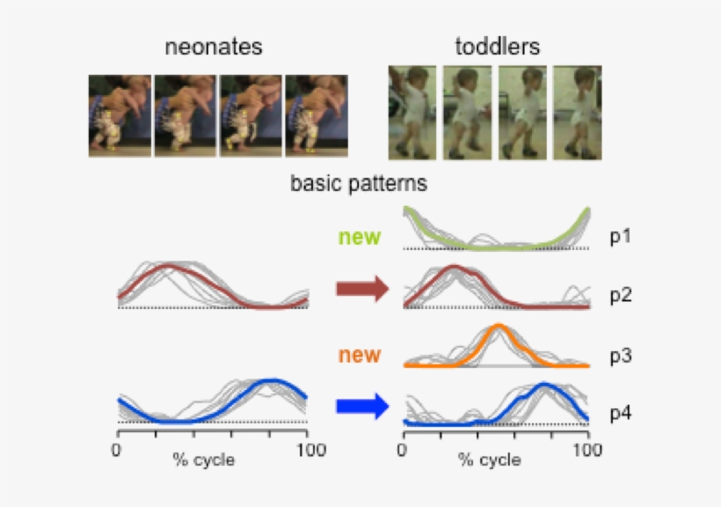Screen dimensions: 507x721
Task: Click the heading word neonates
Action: coord(214,47)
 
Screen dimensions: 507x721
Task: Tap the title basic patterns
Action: coord(359,185)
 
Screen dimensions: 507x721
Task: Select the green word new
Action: coord(360,237)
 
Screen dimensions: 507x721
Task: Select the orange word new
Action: coord(360,356)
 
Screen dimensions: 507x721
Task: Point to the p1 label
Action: coord(621,237)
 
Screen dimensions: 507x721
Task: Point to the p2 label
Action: coord(621,295)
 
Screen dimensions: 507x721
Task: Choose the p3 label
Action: coord(621,356)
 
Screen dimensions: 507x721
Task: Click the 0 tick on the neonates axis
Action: coord(117,451)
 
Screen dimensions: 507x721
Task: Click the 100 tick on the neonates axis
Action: coord(308,451)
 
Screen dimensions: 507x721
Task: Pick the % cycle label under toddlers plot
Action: coord(488,460)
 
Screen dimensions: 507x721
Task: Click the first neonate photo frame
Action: coord(120,115)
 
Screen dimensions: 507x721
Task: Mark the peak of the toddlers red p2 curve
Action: coord(454,266)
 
